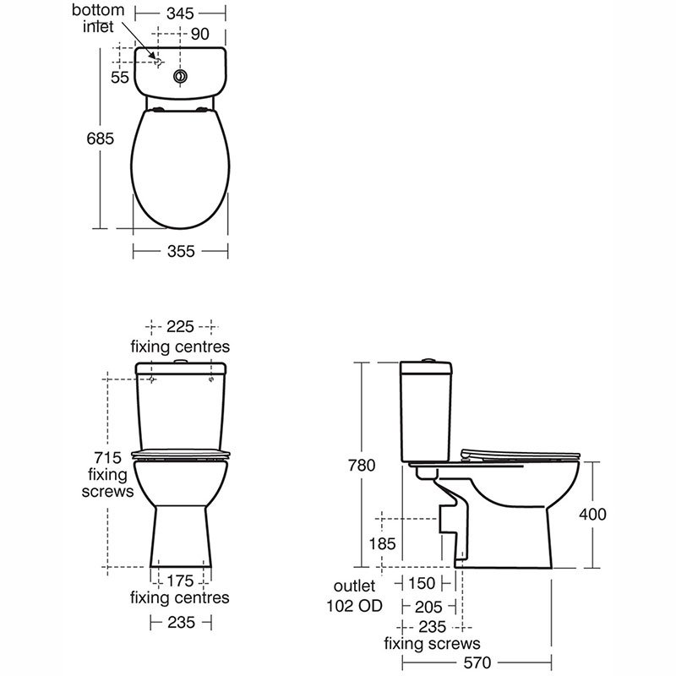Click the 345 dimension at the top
180,14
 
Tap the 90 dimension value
199,34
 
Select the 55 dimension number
119,78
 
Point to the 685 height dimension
100,139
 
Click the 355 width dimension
181,251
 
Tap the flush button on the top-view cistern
181,76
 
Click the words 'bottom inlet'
98,19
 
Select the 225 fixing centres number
180,327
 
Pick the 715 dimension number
108,457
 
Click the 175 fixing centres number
180,581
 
